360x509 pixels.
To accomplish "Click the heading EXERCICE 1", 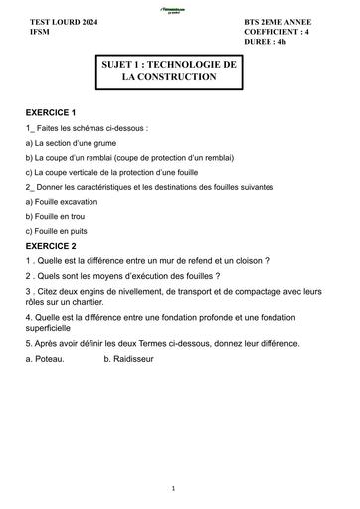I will [x=51, y=114].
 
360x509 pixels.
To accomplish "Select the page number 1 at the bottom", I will [x=173, y=488].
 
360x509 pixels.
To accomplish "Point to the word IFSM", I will [x=39, y=32].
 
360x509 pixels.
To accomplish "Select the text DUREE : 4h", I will [x=265, y=43].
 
